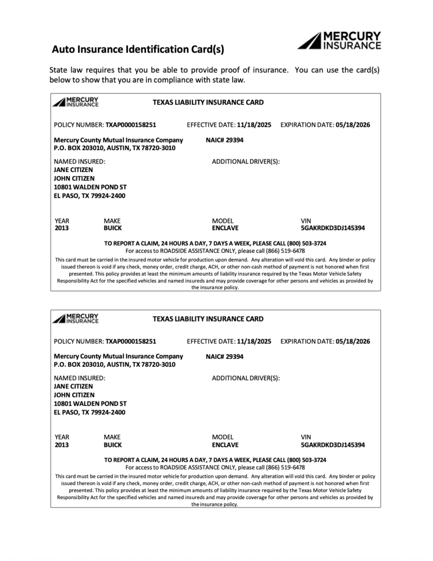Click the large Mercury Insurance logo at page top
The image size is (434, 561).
(339, 41)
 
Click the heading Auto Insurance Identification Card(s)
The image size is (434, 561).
(138, 50)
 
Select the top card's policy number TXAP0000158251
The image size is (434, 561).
(131, 125)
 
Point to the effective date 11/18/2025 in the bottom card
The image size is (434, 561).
(254, 341)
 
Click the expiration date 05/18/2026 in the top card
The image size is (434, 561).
(353, 125)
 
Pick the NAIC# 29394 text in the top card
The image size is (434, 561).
(225, 140)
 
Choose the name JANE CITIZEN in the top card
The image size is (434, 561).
(73, 170)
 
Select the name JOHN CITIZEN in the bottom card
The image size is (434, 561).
(74, 395)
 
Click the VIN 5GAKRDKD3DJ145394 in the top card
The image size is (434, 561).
(333, 228)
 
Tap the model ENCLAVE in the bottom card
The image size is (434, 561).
(225, 445)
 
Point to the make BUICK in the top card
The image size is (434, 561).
(113, 228)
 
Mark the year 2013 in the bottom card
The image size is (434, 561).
(61, 445)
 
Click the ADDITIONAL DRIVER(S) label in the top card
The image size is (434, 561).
(246, 162)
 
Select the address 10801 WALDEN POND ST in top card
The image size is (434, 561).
(90, 187)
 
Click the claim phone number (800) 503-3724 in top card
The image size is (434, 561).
(306, 243)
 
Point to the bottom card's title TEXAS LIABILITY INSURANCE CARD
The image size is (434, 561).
(208, 319)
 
